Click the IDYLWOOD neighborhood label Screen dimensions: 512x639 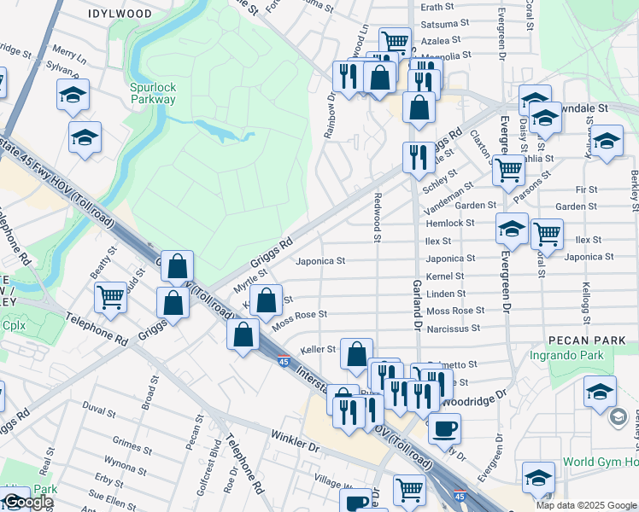click(x=120, y=15)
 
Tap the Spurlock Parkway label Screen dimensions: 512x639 click(x=153, y=93)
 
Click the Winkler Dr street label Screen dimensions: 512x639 click(x=295, y=445)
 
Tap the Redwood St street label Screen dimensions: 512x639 click(x=377, y=217)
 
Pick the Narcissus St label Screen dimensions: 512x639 click(x=453, y=328)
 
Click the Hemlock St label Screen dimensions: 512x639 click(x=449, y=223)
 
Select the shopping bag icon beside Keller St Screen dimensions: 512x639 click(x=356, y=352)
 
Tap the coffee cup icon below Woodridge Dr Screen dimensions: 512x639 click(x=444, y=428)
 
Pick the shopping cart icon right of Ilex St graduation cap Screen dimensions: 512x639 click(x=547, y=232)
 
